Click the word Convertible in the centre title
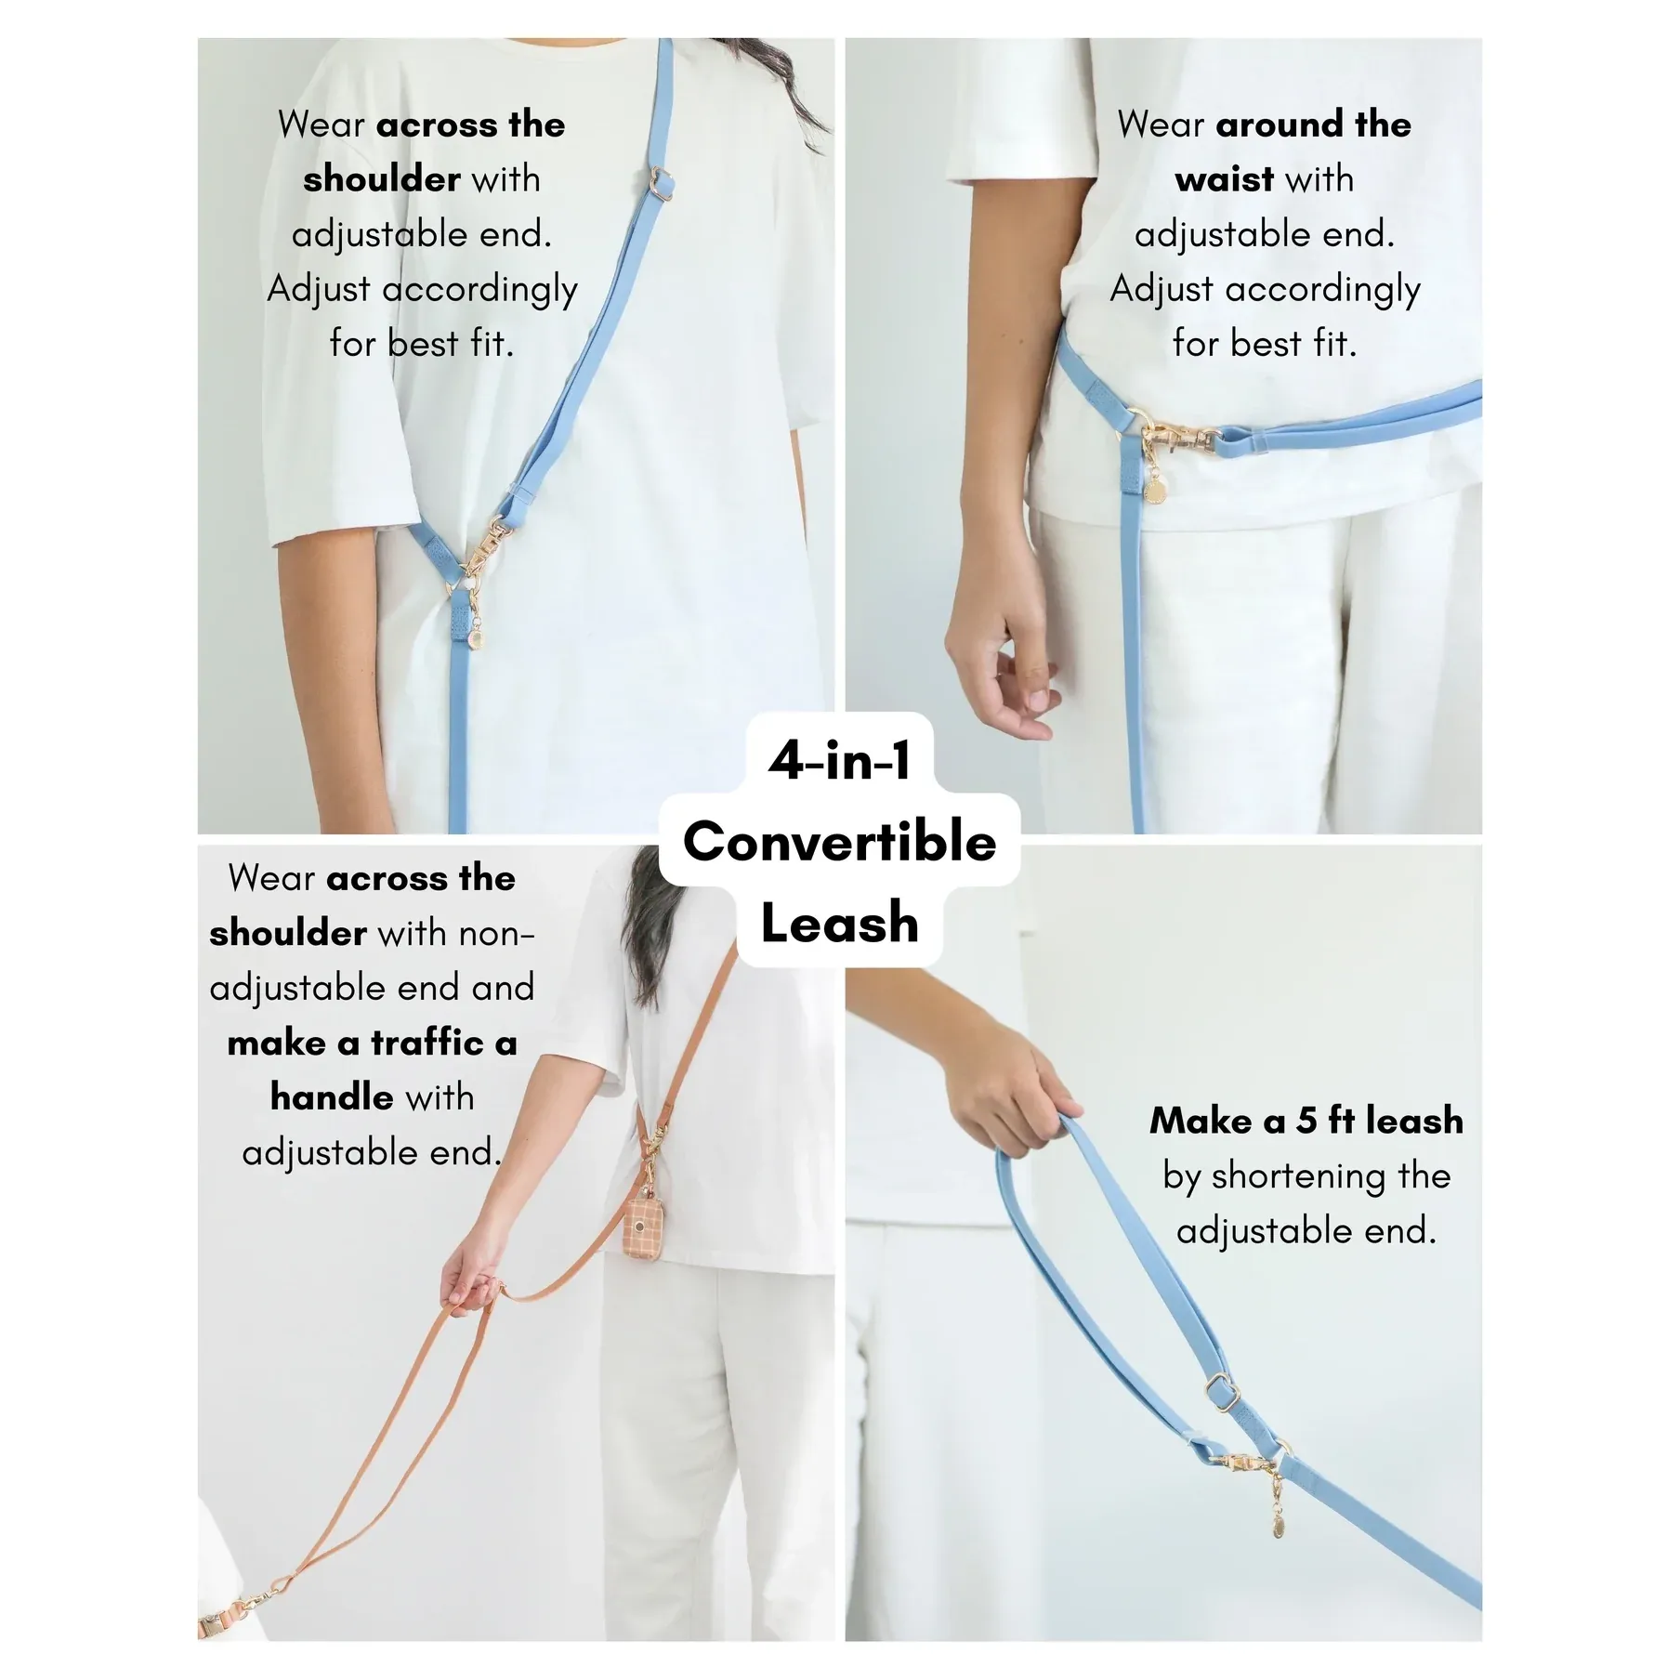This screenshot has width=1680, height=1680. [x=840, y=842]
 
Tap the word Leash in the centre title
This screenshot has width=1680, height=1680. [x=840, y=923]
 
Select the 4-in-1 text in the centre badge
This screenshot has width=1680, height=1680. [x=840, y=761]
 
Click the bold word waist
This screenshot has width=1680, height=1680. [x=1225, y=178]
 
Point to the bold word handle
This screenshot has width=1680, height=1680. [x=333, y=1097]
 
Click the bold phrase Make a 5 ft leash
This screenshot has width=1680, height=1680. [x=1306, y=1121]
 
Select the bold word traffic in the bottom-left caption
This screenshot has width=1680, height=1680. [x=427, y=1043]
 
